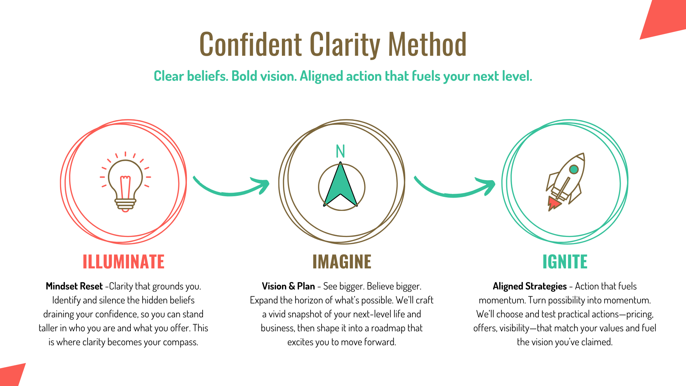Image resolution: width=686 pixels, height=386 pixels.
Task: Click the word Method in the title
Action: (x=427, y=44)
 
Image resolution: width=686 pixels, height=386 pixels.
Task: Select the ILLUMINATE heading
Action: (x=124, y=262)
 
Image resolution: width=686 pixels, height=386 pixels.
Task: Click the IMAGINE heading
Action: (x=342, y=262)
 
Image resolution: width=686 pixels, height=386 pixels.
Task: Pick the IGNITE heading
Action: (x=565, y=262)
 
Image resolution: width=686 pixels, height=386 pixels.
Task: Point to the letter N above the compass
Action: (x=340, y=151)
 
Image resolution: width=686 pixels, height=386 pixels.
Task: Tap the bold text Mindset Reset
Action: (x=74, y=286)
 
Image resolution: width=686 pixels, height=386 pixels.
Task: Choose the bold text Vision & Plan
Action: (x=288, y=286)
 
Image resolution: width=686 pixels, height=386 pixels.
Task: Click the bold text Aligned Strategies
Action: (x=530, y=286)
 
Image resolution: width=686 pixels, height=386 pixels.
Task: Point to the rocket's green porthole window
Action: (x=574, y=169)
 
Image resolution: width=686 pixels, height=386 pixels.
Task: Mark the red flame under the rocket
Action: (x=553, y=203)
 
